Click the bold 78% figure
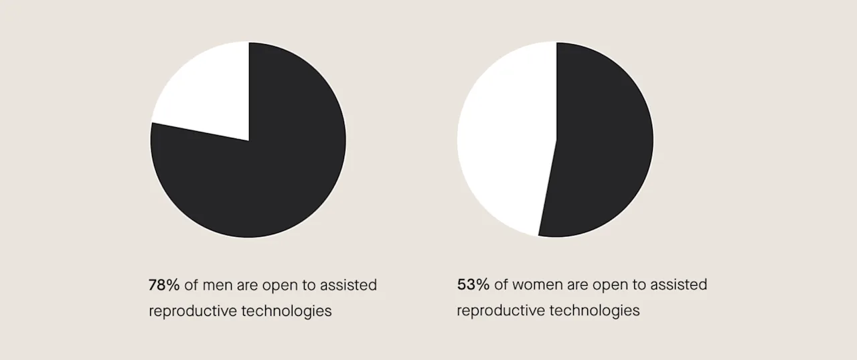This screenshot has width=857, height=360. click(164, 285)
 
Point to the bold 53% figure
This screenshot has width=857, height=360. click(473, 285)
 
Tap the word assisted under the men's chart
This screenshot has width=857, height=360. click(348, 285)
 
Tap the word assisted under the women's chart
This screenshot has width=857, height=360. click(678, 285)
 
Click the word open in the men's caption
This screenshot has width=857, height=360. click(279, 285)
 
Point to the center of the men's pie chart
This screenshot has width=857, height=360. click(248, 140)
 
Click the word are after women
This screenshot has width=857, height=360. click(579, 285)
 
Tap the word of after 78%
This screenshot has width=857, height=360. click(191, 285)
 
